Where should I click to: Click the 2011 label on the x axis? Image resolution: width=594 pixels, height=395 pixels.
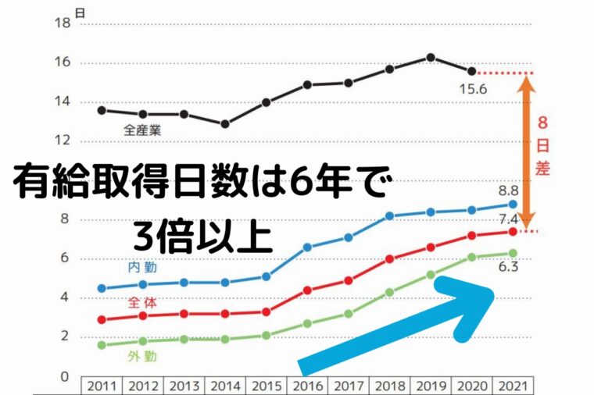point(102,386)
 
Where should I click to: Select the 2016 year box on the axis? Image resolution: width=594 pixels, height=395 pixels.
point(308,386)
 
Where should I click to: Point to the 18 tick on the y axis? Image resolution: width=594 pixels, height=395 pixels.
point(62,24)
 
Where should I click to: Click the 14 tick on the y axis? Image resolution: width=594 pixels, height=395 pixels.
point(62,102)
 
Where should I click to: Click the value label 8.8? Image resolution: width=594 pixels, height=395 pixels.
point(508,190)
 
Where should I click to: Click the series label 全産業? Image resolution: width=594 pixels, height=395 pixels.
point(142,130)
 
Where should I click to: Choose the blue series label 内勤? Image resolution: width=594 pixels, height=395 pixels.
point(142,268)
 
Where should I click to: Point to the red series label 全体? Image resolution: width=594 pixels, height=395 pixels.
point(142,303)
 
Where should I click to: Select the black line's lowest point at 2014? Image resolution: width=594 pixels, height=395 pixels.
point(225,123)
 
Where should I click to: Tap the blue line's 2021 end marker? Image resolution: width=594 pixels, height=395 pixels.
point(513,204)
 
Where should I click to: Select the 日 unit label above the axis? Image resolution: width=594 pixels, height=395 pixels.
point(81,11)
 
